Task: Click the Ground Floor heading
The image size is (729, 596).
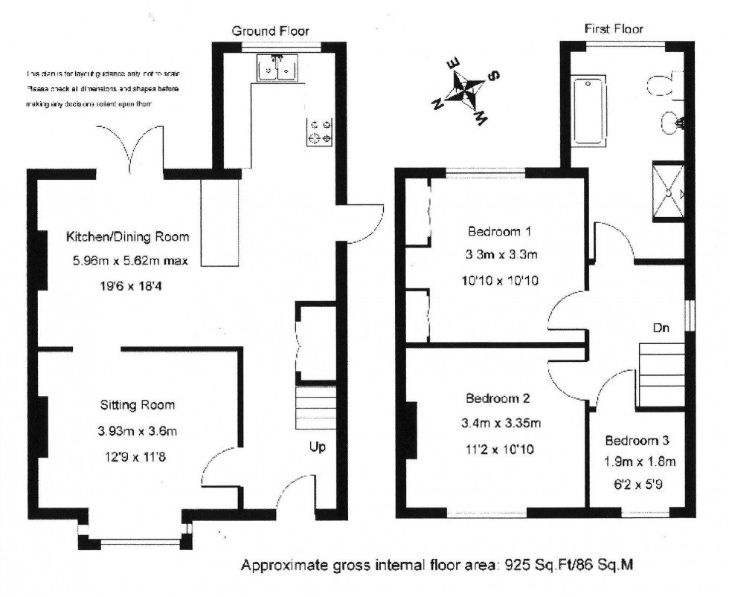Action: [271, 30]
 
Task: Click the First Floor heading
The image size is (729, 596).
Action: [614, 29]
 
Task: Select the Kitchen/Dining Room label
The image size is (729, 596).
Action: [128, 237]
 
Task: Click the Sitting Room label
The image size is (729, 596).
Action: [138, 405]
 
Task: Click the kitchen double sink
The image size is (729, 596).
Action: [277, 68]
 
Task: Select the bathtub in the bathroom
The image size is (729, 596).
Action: [592, 109]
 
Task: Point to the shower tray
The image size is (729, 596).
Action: [669, 191]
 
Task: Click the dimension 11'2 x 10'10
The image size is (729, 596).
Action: [498, 449]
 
